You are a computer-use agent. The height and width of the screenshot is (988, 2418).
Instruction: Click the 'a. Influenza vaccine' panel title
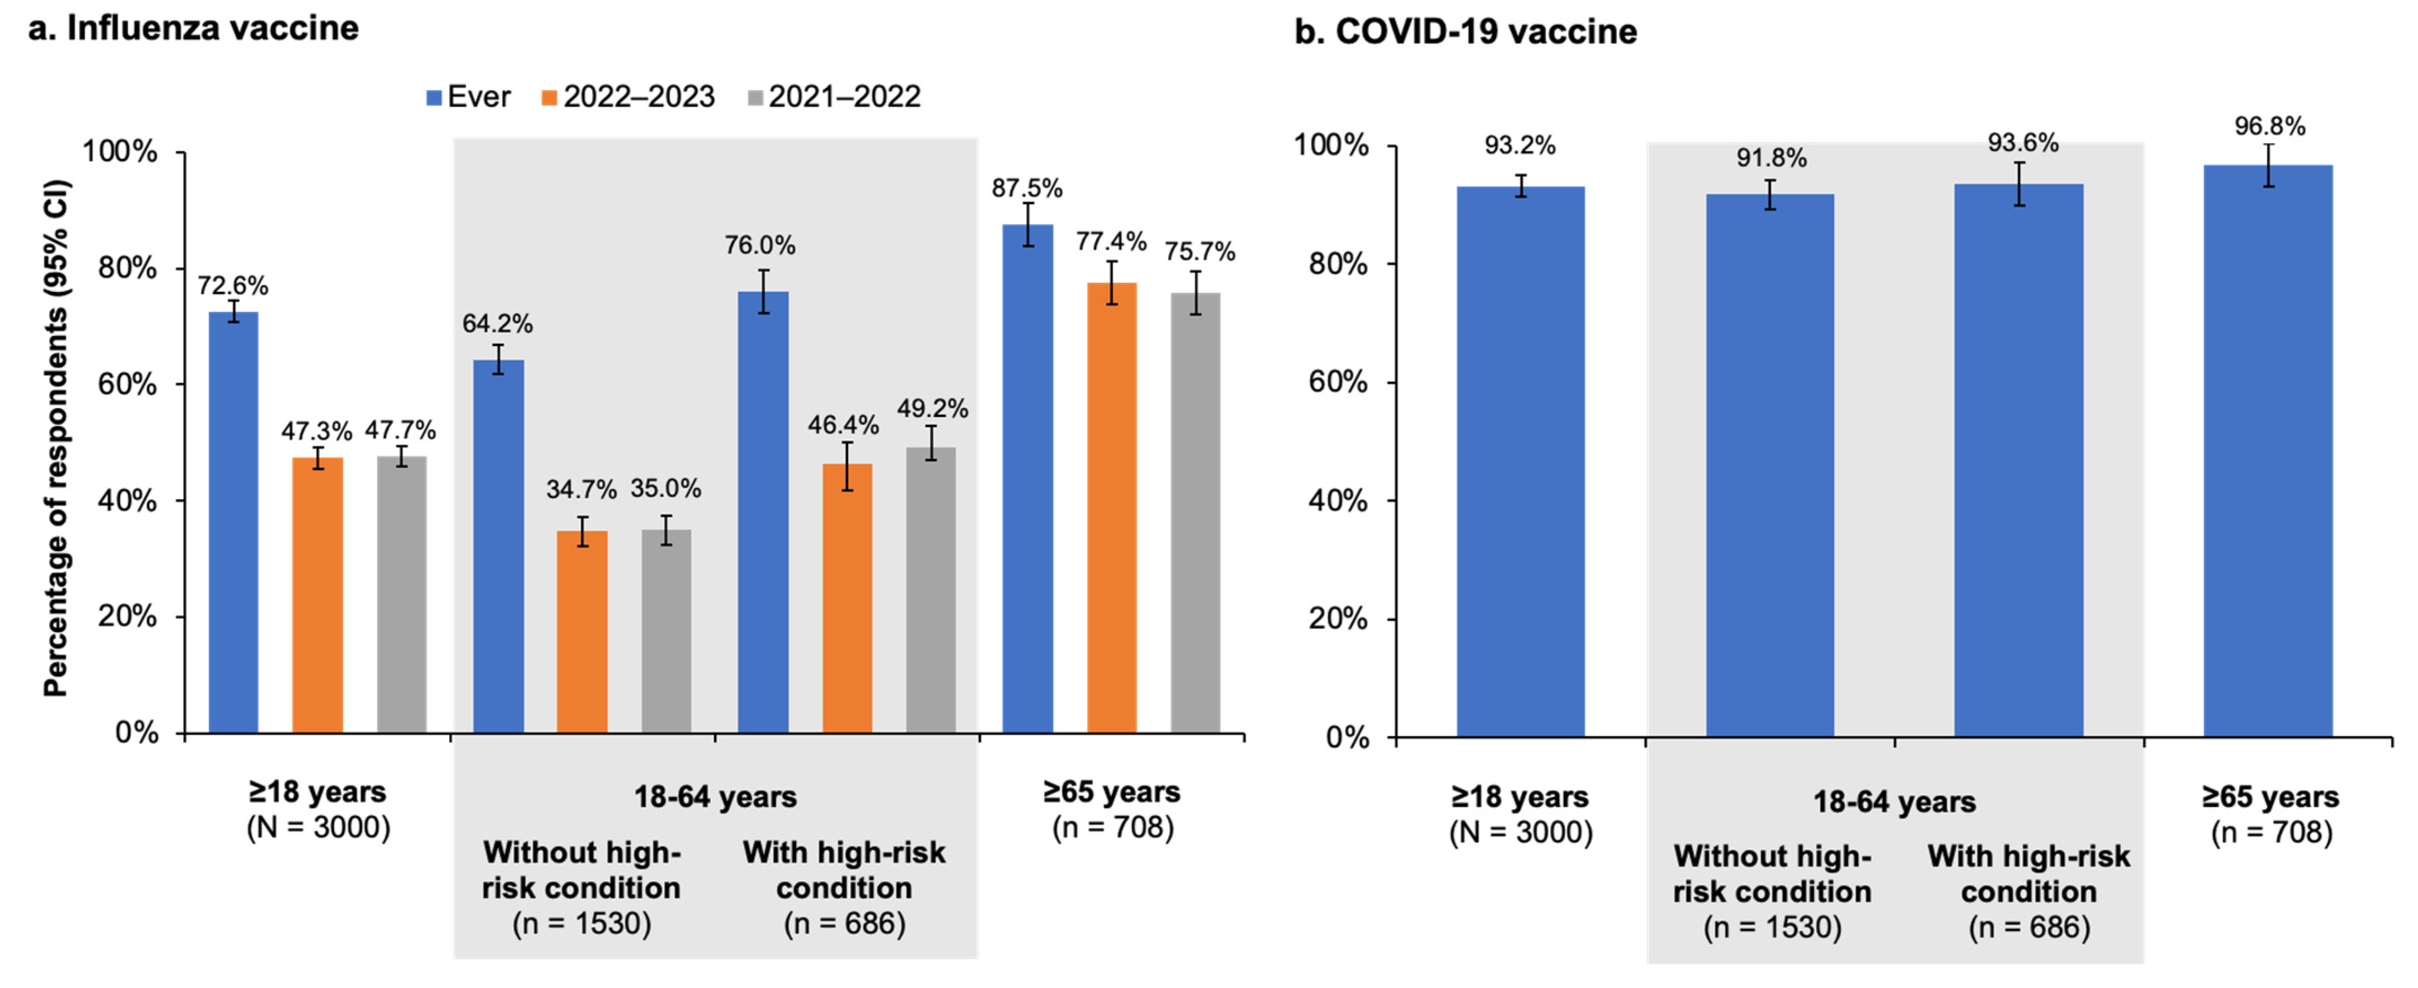pos(193,28)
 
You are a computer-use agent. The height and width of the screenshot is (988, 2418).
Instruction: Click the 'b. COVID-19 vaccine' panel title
pos(1465,32)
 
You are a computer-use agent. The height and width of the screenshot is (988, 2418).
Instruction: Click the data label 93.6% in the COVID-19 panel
pos(2023,143)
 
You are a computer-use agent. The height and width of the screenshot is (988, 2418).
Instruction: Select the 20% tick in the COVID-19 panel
pos(1337,619)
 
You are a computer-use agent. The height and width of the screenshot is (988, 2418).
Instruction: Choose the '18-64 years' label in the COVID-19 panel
pos(1894,802)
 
